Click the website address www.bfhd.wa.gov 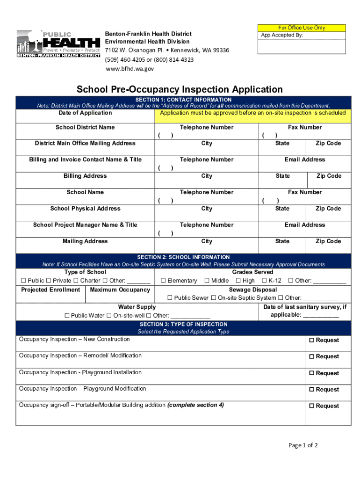coord(129,69)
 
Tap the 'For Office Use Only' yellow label coord(302,28)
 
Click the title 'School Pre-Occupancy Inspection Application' coord(180,89)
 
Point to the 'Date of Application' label coord(85,113)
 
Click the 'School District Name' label coord(85,127)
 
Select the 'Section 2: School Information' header coord(183,257)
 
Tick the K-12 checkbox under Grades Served coord(264,281)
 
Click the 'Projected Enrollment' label coord(50,290)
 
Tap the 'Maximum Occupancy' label coord(120,290)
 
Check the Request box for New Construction coord(311,340)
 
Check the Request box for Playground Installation coord(311,373)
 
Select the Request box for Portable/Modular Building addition coord(311,406)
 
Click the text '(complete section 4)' coord(195,405)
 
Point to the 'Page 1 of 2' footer coord(303,445)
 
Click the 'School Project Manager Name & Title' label coord(85,225)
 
